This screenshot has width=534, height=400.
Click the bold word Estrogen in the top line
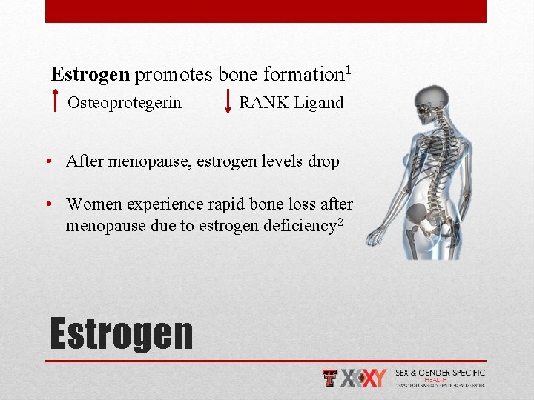[x=90, y=75]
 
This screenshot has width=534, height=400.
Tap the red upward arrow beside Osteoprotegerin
[x=57, y=102]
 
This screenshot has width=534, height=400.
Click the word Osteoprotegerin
[x=124, y=103]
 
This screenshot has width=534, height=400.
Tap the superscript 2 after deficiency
[x=340, y=221]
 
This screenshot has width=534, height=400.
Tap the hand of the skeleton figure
[x=374, y=236]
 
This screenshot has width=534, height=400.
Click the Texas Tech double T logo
[x=331, y=379]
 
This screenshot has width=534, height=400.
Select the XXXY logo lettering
[x=364, y=379]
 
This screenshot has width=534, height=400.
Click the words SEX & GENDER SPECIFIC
[x=440, y=373]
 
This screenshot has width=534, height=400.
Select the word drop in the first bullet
[x=323, y=161]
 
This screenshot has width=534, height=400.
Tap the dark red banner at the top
[x=266, y=11]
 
